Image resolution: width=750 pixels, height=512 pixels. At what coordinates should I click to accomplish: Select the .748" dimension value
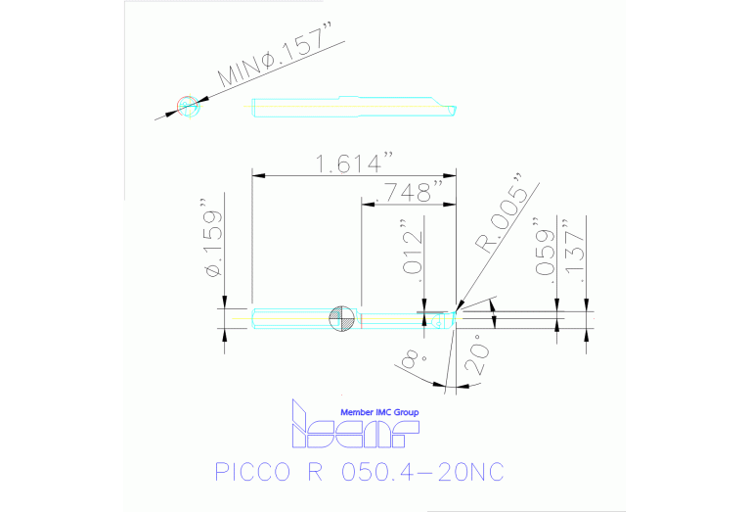click(410, 193)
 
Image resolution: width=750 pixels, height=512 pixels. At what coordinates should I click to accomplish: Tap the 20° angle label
click(476, 359)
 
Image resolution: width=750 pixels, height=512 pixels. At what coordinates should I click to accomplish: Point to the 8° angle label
click(409, 358)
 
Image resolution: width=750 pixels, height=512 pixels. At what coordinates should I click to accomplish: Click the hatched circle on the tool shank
click(341, 318)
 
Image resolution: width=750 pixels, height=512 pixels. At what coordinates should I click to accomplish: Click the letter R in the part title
click(314, 472)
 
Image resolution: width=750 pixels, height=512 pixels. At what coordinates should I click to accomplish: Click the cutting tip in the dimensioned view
click(452, 317)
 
